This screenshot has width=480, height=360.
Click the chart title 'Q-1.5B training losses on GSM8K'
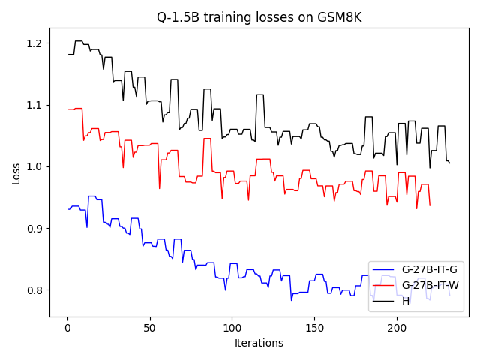[259, 17]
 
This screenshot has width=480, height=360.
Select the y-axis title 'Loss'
[16, 173]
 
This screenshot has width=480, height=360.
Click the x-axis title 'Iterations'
[259, 343]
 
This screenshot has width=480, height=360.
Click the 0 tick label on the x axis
[67, 328]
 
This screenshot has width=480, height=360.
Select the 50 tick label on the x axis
[150, 328]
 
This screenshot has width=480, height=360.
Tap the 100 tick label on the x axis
[232, 328]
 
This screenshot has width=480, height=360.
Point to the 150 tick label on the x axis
[314, 328]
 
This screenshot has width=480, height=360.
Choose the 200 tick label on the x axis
[397, 328]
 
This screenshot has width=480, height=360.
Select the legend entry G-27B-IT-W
[430, 286]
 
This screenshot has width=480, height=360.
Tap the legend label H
[406, 301]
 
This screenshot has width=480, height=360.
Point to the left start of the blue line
[68, 209]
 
